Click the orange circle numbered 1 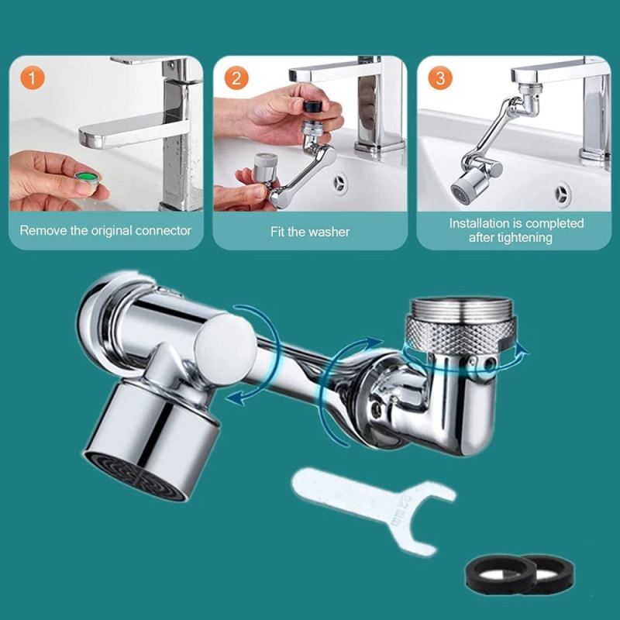[33, 78]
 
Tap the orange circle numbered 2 [236, 78]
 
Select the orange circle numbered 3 [440, 78]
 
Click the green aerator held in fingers [88, 178]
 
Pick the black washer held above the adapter [313, 106]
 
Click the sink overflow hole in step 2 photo [339, 183]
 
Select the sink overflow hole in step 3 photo [562, 193]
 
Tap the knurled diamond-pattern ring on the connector [460, 336]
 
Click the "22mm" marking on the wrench [402, 510]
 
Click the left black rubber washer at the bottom [501, 573]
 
